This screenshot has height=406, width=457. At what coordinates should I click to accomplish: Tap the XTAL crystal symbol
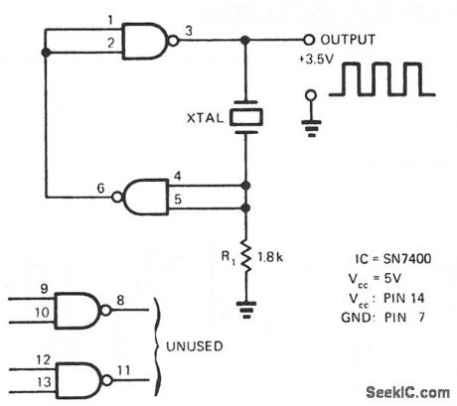[x=245, y=117]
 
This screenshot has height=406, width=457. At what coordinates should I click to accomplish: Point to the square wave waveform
[x=382, y=81]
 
